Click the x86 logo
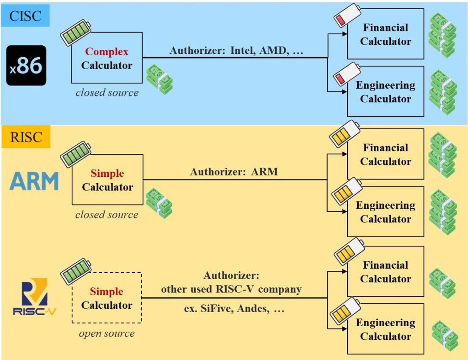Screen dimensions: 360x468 coord(26,65)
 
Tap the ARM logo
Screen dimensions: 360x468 coord(35,181)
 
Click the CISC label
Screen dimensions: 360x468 coord(25,16)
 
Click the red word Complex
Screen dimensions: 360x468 coord(106,52)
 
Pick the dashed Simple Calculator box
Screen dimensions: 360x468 coord(106,298)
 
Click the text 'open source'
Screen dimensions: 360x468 coord(106,334)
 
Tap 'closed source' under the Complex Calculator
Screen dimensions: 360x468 coord(106,93)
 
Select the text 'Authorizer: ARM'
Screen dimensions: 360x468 coord(234,172)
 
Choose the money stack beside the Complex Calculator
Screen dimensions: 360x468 coord(159,79)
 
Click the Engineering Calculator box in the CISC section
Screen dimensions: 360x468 coord(385,91)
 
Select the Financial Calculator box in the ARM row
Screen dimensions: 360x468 coord(385,154)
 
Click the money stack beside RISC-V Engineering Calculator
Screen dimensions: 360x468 coord(445,336)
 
